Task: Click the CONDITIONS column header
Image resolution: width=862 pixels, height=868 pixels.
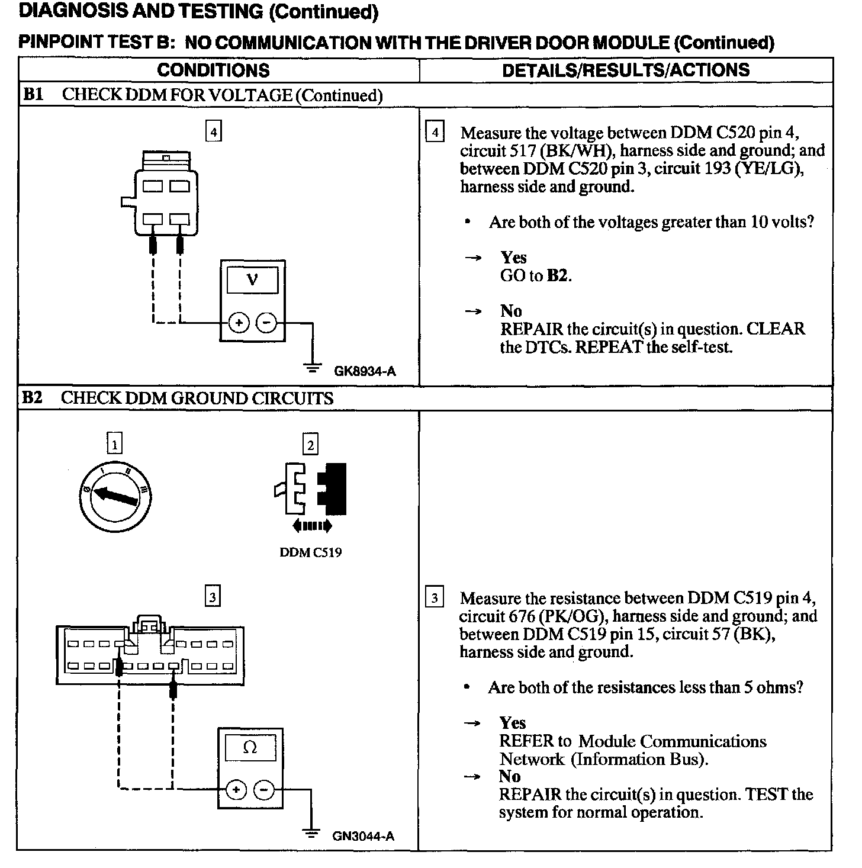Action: pos(213,70)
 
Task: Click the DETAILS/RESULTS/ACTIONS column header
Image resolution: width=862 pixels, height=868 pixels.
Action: pos(626,70)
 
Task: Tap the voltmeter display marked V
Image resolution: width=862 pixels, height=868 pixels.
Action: pos(252,279)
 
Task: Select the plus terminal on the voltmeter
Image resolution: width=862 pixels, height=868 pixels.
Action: pos(239,323)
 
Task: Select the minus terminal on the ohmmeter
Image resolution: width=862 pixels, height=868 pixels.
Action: pos(264,789)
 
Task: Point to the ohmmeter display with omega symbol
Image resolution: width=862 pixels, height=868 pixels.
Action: pos(250,748)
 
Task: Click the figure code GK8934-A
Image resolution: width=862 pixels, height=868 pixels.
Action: pos(365,371)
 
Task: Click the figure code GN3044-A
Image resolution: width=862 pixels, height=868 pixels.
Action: pos(363,836)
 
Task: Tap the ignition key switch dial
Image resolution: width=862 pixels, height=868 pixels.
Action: pos(115,498)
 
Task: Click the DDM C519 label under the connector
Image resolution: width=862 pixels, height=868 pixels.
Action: pos(310,552)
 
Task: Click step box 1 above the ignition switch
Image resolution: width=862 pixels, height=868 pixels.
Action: pos(114,443)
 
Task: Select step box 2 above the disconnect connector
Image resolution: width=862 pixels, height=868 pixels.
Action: pos(310,443)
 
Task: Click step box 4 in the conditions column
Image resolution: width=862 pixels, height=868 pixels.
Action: pos(213,130)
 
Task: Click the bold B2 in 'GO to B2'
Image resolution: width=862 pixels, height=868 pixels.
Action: pos(558,275)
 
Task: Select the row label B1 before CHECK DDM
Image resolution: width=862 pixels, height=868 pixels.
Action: pos(33,95)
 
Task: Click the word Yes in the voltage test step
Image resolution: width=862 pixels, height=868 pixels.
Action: pos(513,258)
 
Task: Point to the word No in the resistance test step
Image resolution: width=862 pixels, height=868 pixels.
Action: pos(510,776)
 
